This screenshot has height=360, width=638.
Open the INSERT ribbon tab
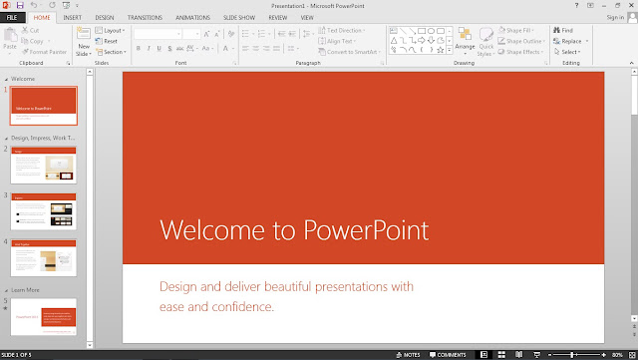point(73,17)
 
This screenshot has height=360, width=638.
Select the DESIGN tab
point(105,17)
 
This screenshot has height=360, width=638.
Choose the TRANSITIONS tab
point(145,17)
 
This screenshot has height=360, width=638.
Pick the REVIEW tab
point(278,17)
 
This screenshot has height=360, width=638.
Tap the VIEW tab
point(307,17)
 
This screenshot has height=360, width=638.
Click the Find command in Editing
point(566,31)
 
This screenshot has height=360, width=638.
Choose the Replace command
point(571,41)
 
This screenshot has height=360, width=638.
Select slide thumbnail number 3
point(44,211)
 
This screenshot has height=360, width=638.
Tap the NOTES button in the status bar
point(409,354)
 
